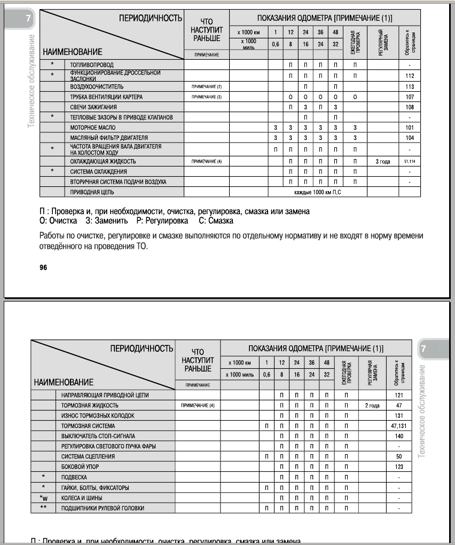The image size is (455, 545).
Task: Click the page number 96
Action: tap(43, 268)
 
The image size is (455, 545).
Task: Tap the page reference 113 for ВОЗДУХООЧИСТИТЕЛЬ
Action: tap(410, 86)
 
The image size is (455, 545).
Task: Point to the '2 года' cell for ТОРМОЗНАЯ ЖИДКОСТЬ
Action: tap(372, 406)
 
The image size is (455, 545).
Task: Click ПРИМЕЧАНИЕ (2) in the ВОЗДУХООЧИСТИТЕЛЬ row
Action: tap(206, 86)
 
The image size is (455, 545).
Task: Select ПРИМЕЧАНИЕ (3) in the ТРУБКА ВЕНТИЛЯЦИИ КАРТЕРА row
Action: tap(206, 97)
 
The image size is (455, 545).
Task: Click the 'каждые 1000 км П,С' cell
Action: tap(318, 192)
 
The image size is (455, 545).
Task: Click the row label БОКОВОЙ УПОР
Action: tap(80, 467)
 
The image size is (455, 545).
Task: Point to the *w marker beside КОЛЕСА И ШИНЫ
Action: tap(43, 497)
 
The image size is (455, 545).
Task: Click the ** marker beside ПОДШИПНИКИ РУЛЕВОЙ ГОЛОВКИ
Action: tap(43, 508)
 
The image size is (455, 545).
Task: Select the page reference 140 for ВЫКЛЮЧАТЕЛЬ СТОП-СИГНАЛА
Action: tap(399, 436)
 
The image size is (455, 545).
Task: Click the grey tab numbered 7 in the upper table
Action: tap(28, 20)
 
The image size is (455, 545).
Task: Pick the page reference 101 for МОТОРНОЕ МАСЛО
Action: tap(410, 128)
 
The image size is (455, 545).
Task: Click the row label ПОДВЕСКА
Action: tap(74, 477)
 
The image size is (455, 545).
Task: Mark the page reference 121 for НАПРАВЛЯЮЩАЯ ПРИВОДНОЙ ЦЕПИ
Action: tap(399, 395)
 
